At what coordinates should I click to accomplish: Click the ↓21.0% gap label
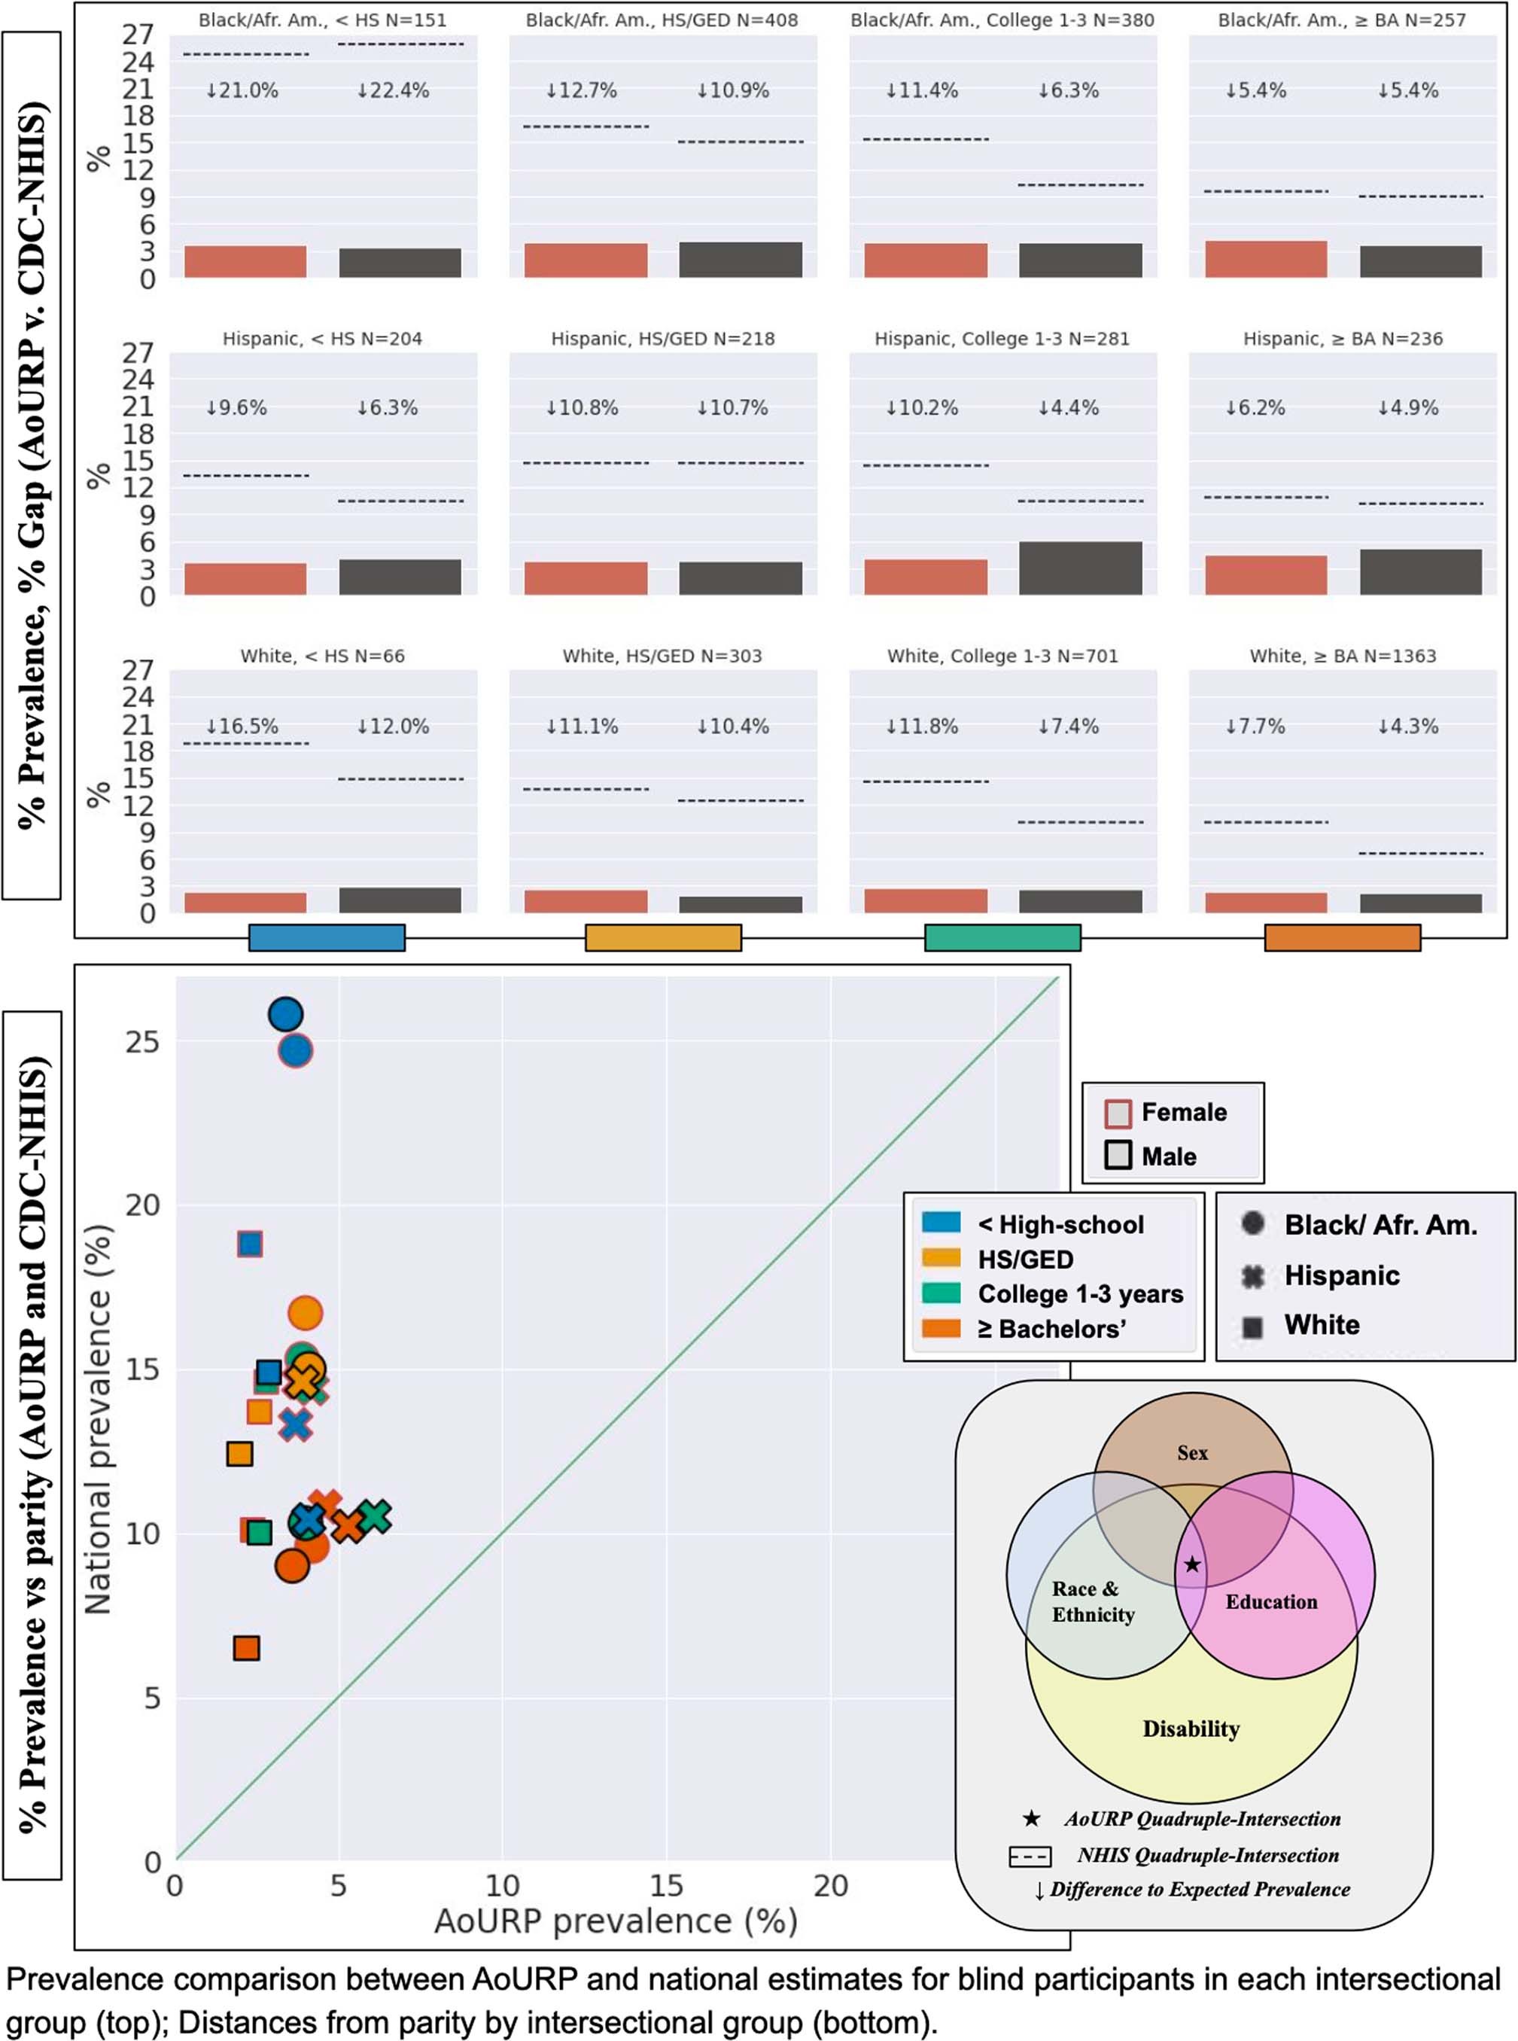point(242,90)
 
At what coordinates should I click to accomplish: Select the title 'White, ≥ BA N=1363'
point(1343,656)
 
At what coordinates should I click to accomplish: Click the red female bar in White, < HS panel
point(245,903)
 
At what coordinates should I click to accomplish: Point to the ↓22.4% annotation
point(394,90)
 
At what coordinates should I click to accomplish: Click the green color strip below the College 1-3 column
point(1002,937)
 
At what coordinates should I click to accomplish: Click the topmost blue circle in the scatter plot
point(286,1015)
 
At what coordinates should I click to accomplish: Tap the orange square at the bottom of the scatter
point(245,1648)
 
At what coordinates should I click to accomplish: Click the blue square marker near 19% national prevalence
point(249,1244)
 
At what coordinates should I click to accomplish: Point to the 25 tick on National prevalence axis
point(142,1042)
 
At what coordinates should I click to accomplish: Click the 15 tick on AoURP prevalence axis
point(665,1886)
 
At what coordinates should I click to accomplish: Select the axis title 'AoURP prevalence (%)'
point(616,1921)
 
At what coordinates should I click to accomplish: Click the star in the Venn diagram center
point(1192,1564)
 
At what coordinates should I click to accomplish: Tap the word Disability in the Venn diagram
point(1191,1729)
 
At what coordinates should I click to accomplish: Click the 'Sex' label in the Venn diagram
point(1192,1453)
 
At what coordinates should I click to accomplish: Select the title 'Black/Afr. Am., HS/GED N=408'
point(662,20)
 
